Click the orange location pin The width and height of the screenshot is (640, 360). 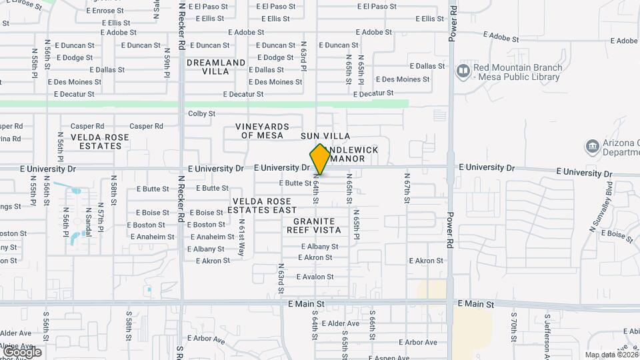[x=320, y=159]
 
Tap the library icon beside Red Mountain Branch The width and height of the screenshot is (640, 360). [x=463, y=70]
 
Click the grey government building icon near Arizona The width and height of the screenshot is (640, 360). [x=591, y=146]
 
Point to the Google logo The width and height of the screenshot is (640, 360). [x=21, y=351]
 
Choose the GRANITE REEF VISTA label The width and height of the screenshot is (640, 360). [x=313, y=225]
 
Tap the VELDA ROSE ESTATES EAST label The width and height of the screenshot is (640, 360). [x=261, y=205]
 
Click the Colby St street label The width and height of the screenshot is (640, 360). [x=202, y=114]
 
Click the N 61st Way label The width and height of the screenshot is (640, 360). [x=241, y=239]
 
